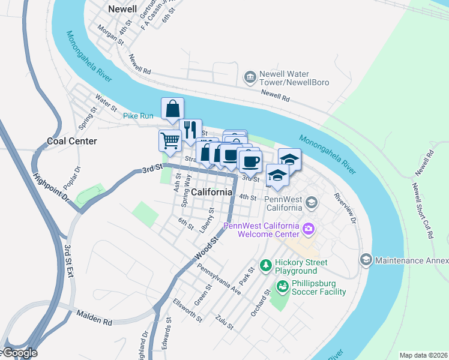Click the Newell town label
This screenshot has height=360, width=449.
click(x=122, y=9)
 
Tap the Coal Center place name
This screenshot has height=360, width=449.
click(x=72, y=141)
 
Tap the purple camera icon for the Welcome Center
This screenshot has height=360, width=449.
click(x=309, y=228)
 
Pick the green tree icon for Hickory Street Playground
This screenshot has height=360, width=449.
click(x=265, y=265)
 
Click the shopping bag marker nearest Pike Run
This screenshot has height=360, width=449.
click(x=172, y=109)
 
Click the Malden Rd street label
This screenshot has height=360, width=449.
click(x=95, y=318)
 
